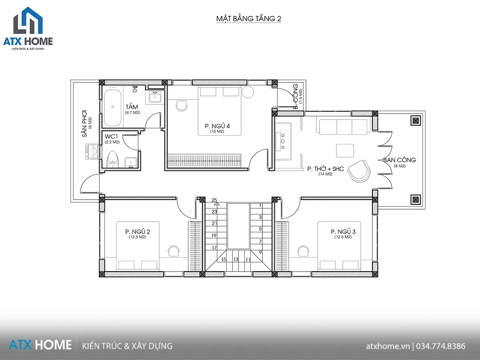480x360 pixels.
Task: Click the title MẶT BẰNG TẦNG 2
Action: tap(249, 18)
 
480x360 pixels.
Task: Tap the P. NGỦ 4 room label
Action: tap(217, 126)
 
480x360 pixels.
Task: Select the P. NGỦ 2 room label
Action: tap(138, 232)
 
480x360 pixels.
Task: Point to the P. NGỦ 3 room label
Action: tap(343, 232)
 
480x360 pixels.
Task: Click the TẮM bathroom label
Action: tap(132, 107)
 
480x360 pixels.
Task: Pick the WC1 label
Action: tap(111, 136)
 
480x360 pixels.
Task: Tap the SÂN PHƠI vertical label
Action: tap(84, 124)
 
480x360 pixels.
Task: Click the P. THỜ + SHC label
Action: tap(326, 169)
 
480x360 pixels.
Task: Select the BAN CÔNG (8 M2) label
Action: tap(400, 162)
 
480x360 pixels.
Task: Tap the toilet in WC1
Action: tap(113, 159)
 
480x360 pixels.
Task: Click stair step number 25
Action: tap(214, 200)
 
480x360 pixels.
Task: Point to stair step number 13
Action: tap(236, 260)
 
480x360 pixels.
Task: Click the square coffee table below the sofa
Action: tap(345, 151)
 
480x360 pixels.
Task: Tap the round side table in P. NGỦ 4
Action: tap(248, 92)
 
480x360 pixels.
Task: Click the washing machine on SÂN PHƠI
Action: tap(92, 151)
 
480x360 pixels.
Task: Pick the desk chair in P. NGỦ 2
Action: tap(174, 251)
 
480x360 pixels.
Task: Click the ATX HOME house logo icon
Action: tap(28, 20)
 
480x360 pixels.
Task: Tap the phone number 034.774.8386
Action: tap(441, 346)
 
